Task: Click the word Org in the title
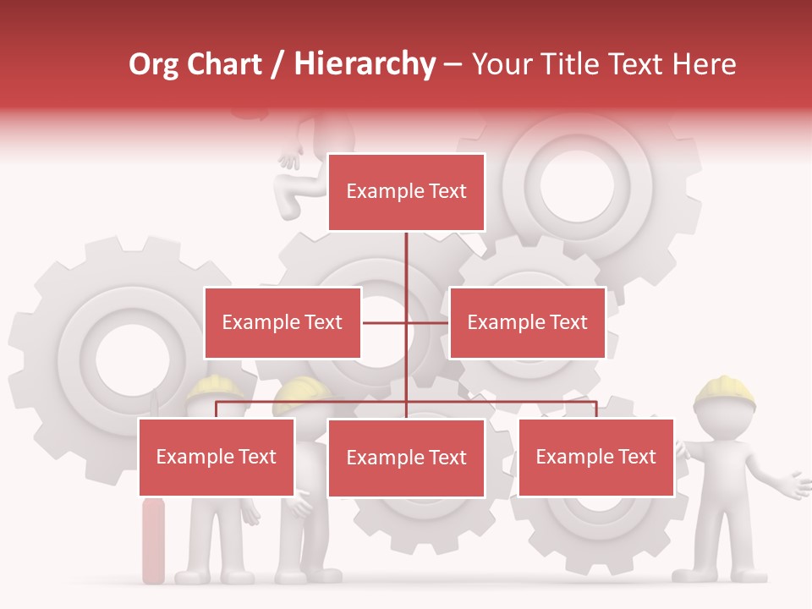tap(154, 65)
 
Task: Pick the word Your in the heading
tap(501, 65)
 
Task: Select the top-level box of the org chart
tap(406, 192)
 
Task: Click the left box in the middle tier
tap(283, 322)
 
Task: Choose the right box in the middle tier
tap(527, 322)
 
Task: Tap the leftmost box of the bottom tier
tap(217, 457)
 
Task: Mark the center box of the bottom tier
tap(406, 458)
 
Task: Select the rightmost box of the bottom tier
tap(595, 457)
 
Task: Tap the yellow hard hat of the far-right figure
tap(725, 392)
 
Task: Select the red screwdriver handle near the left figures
tap(153, 541)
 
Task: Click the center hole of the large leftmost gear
tap(126, 356)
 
